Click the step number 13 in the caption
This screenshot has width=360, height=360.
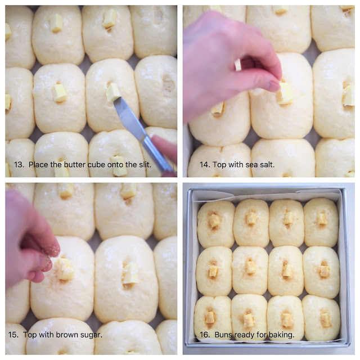[19, 165]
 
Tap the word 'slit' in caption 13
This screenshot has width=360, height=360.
[145, 164]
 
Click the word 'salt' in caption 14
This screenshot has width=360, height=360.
[267, 164]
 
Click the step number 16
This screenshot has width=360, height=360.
[205, 335]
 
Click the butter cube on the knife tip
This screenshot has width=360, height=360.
[113, 92]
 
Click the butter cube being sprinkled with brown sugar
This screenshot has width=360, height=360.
[65, 269]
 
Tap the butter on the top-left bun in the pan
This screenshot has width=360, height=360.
[214, 220]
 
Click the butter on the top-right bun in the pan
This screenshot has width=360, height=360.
[322, 219]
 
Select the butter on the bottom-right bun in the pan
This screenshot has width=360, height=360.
[326, 320]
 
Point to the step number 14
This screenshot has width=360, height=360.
[205, 165]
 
